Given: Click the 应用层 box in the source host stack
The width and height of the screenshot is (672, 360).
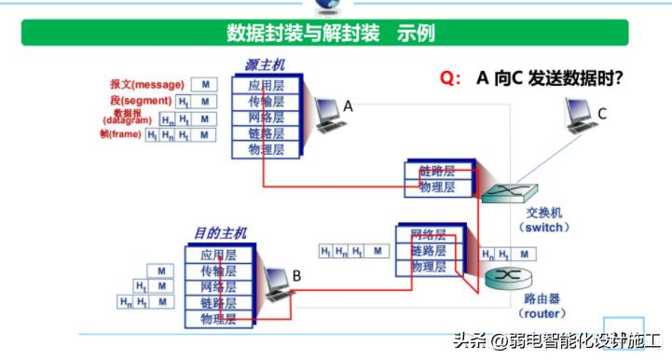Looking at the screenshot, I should (x=267, y=85).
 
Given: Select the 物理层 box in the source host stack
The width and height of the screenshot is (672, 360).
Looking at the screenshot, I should (x=267, y=148).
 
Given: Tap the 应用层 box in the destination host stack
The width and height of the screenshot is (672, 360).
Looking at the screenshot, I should (x=218, y=255).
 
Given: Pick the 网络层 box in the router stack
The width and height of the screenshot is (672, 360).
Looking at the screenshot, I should (x=428, y=235).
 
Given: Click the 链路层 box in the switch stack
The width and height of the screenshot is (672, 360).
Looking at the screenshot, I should (x=436, y=172).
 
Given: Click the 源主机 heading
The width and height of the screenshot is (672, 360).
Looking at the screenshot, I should (x=265, y=65).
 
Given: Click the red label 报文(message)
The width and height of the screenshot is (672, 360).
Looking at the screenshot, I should (x=146, y=84).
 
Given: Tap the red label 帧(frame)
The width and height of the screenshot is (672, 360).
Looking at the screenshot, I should (x=120, y=134).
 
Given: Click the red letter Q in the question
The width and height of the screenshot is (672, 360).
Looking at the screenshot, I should (x=446, y=80).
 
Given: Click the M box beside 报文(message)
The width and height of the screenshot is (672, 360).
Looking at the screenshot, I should (x=205, y=85).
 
